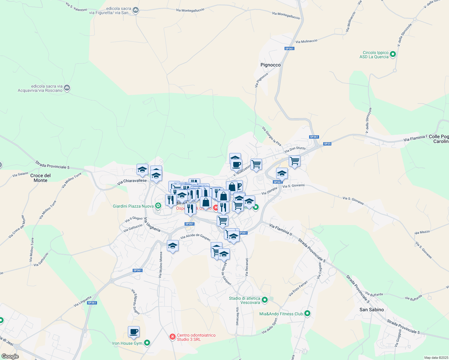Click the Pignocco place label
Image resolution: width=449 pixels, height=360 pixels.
click(x=270, y=65)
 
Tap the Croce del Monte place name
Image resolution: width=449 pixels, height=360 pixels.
click(x=41, y=178)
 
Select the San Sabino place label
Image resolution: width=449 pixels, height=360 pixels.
click(x=372, y=310)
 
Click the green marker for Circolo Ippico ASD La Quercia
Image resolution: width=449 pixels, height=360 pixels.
click(x=393, y=55)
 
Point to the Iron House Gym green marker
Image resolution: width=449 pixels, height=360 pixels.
click(x=147, y=343)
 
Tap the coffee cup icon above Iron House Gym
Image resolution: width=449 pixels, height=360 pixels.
click(x=134, y=332)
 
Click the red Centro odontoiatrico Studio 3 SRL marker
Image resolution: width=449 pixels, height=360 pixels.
click(x=172, y=337)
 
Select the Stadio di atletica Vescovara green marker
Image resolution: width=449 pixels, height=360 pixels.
click(x=265, y=300)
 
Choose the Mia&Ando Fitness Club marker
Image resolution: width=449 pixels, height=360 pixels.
click(x=307, y=314)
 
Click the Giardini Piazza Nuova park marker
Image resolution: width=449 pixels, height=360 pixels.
click(x=158, y=206)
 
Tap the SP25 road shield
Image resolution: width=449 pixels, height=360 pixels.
click(x=327, y=144)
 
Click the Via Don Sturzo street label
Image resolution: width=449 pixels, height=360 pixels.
click(x=295, y=149)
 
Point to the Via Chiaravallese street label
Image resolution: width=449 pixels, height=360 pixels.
click(x=132, y=181)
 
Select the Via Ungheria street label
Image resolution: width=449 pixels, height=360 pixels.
click(x=152, y=224)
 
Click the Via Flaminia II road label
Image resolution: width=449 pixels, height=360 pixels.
click(x=280, y=229)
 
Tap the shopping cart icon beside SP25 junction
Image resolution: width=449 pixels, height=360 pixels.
click(x=294, y=161)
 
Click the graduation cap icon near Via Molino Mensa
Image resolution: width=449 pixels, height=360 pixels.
click(x=173, y=246)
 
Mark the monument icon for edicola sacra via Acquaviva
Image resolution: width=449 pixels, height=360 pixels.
click(x=67, y=88)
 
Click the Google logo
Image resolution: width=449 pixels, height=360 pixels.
click(x=10, y=356)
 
